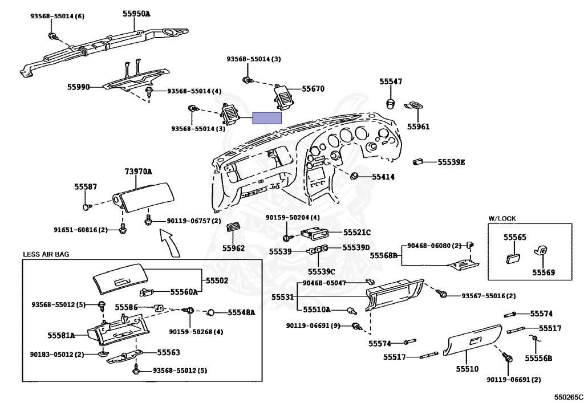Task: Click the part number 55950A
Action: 136,14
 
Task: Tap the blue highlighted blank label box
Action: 267,118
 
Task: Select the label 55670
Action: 313,88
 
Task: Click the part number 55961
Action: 418,127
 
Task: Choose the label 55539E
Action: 451,162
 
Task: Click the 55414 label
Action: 383,177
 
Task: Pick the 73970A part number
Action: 138,172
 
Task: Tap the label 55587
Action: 86,187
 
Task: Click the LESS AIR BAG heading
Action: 46,255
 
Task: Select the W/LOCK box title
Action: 502,219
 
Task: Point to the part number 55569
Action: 544,272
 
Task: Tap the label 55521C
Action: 357,233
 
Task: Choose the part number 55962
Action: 233,248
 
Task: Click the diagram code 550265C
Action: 567,397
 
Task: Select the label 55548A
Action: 241,312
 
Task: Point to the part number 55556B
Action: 538,359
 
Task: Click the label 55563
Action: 168,352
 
